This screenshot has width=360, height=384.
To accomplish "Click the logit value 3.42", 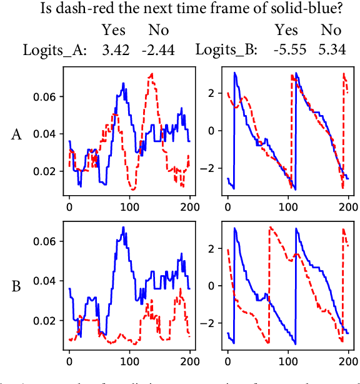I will pos(116,49).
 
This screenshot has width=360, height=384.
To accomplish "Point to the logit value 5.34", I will pos(332,49).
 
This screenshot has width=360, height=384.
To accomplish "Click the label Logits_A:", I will pos(56,49).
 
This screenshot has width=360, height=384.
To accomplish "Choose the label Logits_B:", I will pos(227,49).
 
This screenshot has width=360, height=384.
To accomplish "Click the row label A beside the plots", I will pos(17,134).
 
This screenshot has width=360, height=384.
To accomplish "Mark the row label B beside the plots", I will pos(17,286).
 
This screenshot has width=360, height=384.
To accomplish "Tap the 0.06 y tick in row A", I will pos(47,97).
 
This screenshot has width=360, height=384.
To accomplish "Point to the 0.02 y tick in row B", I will pos(47,321).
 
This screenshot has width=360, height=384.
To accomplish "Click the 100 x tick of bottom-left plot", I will pos(129,362).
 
